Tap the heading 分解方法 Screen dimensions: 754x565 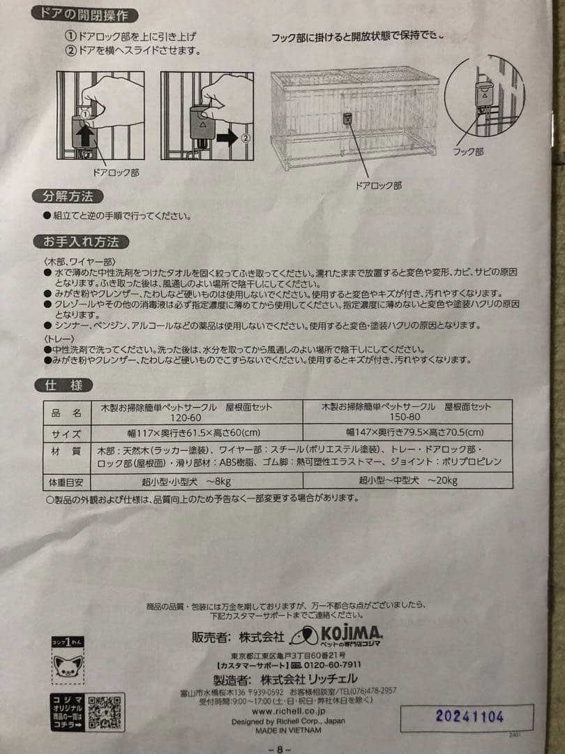(68, 195)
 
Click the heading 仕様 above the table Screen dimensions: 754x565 (64, 385)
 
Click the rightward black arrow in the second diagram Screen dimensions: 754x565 (227, 138)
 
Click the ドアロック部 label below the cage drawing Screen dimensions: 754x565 (379, 186)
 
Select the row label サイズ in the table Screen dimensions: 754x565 (67, 433)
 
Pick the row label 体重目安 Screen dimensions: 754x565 (67, 480)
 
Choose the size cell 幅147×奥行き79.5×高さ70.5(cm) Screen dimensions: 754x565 (407, 433)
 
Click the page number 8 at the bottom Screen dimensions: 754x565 (278, 748)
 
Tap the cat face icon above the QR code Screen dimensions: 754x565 (69, 666)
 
